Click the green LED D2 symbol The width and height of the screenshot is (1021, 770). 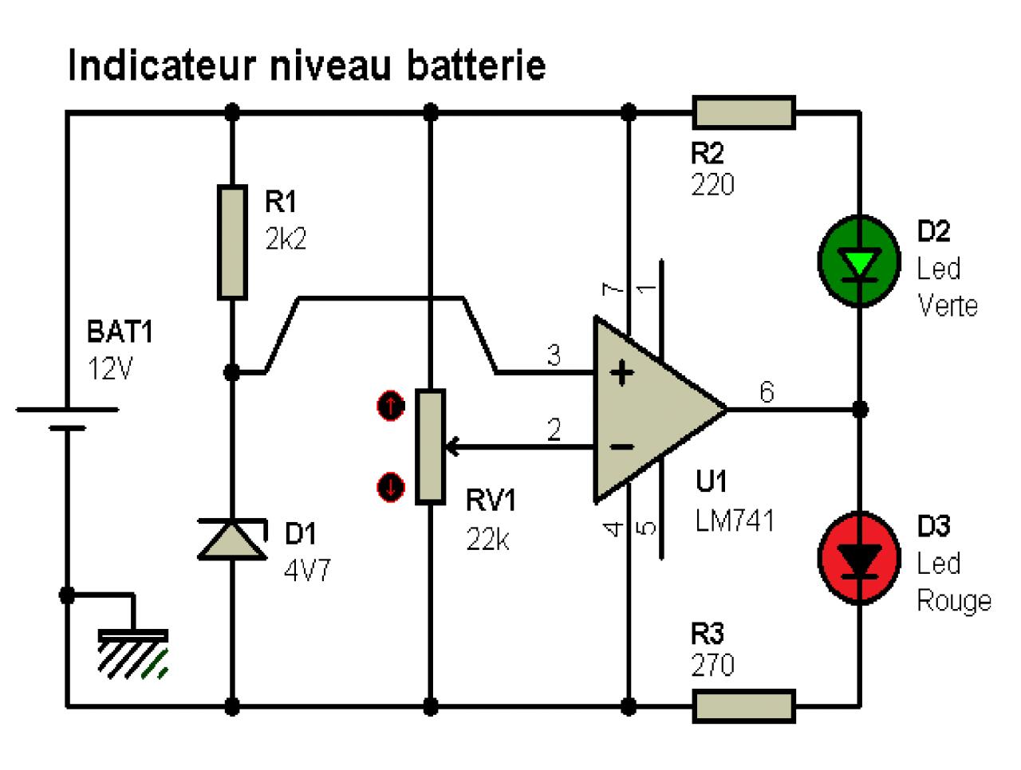click(x=860, y=261)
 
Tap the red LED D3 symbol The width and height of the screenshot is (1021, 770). click(x=860, y=557)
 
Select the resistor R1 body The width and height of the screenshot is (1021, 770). click(x=232, y=242)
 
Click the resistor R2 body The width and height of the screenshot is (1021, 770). click(x=743, y=112)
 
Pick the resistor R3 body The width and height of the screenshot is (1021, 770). click(x=743, y=706)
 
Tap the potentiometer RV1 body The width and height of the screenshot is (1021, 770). click(x=431, y=446)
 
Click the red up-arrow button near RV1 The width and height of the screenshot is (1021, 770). click(x=390, y=407)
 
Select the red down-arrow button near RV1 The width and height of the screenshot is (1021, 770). click(x=390, y=486)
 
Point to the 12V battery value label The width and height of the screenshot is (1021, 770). click(x=110, y=369)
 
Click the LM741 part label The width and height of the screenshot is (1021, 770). click(x=734, y=521)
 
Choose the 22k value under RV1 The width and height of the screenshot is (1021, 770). click(x=488, y=540)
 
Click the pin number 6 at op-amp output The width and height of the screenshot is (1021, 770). click(x=766, y=392)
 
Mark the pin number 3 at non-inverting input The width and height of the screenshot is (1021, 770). click(x=554, y=356)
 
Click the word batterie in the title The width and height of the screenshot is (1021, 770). click(x=476, y=65)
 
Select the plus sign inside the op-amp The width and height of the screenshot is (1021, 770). click(x=623, y=372)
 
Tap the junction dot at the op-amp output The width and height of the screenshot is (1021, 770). click(x=860, y=410)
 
